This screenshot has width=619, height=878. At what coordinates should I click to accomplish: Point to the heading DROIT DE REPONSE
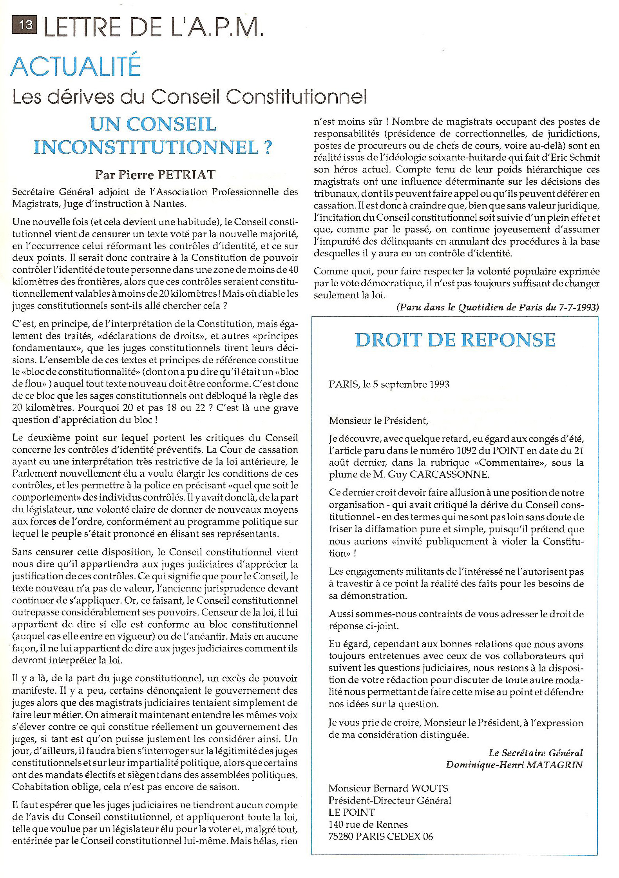point(455,340)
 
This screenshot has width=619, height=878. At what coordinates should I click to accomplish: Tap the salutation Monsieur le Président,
point(378,421)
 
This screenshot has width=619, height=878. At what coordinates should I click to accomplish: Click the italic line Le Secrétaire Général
point(536,753)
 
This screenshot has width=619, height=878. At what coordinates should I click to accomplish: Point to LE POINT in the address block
point(351,812)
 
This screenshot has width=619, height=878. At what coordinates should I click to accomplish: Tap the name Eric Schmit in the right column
point(577,158)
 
